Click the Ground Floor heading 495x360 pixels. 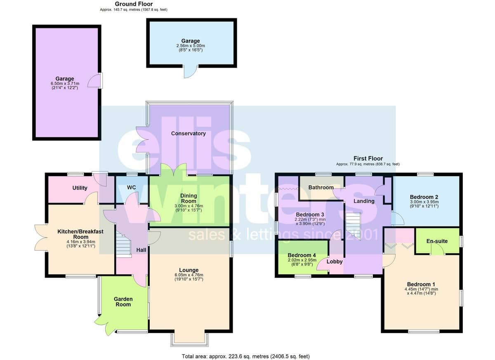(134, 4)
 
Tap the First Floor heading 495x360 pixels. (368, 158)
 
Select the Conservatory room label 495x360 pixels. (188, 133)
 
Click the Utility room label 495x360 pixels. (80, 188)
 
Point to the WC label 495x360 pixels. (131, 188)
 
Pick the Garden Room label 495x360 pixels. (123, 302)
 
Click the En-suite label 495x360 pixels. (437, 241)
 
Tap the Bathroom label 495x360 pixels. (321, 188)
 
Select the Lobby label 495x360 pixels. (335, 261)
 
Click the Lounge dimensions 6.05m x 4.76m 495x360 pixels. (189, 275)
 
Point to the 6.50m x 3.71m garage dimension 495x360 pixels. (65, 83)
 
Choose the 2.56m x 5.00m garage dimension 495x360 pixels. (191, 46)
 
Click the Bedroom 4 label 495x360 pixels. (302, 255)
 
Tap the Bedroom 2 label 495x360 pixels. (424, 197)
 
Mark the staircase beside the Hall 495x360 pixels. (124, 244)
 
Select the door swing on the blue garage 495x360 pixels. (191, 72)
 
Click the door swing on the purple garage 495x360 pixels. (94, 80)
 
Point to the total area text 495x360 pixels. (246, 356)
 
